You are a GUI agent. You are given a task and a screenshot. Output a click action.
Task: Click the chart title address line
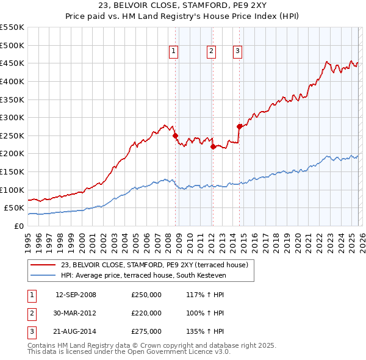(x=183, y=6)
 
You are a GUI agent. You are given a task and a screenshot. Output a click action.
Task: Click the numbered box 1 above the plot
(x=174, y=52)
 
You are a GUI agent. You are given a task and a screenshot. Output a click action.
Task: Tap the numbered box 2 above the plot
(x=211, y=52)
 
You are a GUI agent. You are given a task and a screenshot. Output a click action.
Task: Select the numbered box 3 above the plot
(x=237, y=52)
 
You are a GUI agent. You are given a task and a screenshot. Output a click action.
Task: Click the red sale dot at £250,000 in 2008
(x=175, y=135)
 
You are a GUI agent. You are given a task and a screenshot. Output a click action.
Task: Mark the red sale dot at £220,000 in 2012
(x=213, y=146)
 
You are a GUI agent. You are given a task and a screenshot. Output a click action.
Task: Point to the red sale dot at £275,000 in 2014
(x=239, y=126)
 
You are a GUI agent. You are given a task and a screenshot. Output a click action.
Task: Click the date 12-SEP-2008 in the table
(x=76, y=295)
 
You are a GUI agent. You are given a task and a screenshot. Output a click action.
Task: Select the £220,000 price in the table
(x=146, y=313)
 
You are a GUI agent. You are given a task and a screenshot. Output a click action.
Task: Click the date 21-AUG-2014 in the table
(x=76, y=331)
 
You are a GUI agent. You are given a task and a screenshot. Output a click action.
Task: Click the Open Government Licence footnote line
(x=129, y=351)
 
